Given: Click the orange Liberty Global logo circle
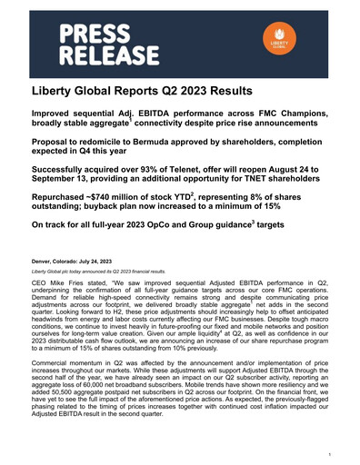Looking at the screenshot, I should [x=278, y=46].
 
